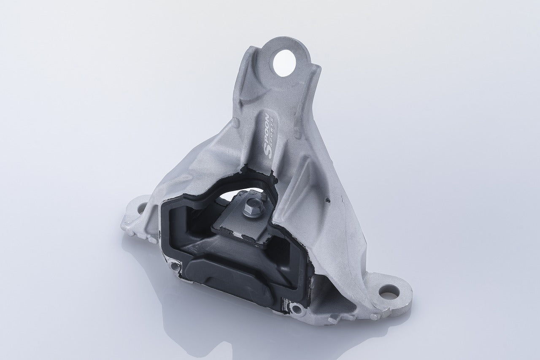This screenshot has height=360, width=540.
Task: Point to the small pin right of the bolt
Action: click(x=262, y=197)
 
